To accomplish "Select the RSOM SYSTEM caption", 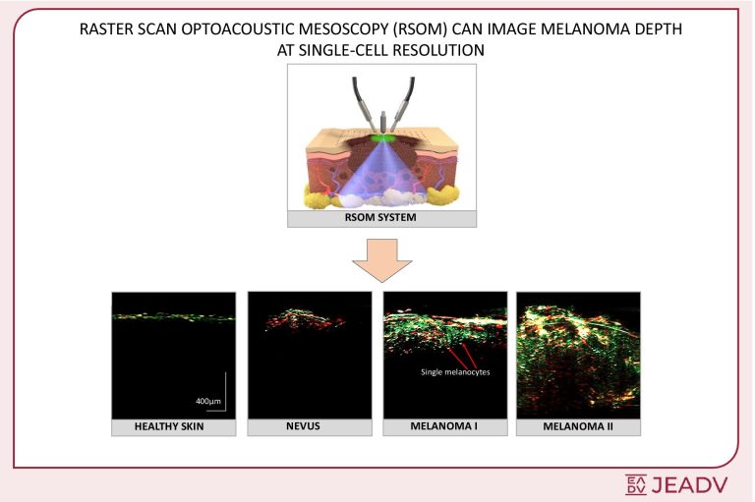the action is pyautogui.click(x=380, y=217).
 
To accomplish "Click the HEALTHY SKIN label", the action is pyautogui.click(x=169, y=426).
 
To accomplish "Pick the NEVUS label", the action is pyautogui.click(x=303, y=426).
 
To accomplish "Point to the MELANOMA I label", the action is pyautogui.click(x=444, y=426).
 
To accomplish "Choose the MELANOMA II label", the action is pyautogui.click(x=578, y=426).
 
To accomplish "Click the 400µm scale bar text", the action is pyautogui.click(x=208, y=401).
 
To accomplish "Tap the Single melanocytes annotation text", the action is pyautogui.click(x=455, y=372).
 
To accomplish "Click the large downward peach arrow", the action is pyautogui.click(x=381, y=260).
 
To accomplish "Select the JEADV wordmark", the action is pyautogui.click(x=689, y=484).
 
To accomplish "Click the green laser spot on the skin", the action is pyautogui.click(x=382, y=139).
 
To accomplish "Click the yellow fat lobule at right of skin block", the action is pyautogui.click(x=442, y=195).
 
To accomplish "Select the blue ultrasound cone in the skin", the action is pyautogui.click(x=382, y=171).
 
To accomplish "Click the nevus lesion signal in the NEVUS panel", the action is pyautogui.click(x=305, y=319).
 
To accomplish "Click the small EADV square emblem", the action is pyautogui.click(x=636, y=484).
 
